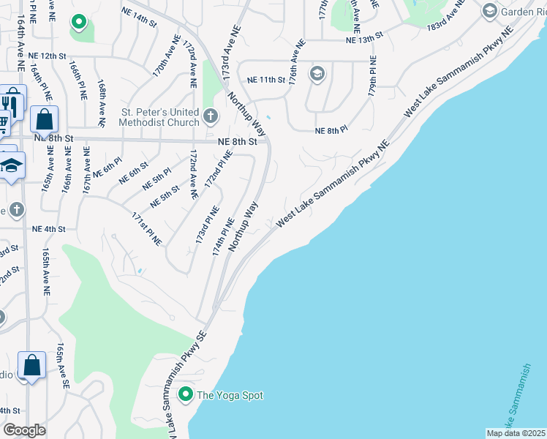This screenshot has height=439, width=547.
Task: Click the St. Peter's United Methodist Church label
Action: coord(159,117)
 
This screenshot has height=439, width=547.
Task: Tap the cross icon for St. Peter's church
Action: coord(211,116)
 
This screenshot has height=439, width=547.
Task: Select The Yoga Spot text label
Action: coord(230,396)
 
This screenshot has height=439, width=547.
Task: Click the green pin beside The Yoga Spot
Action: coord(186,395)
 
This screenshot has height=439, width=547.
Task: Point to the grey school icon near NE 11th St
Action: coord(317,73)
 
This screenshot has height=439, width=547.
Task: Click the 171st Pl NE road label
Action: coord(146,229)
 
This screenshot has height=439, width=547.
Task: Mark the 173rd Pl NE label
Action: coord(207,225)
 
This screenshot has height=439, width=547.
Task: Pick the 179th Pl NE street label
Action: coord(372,77)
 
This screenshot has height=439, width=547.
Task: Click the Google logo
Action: coord(24,430)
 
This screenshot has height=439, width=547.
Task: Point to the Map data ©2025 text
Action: coord(516,433)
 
